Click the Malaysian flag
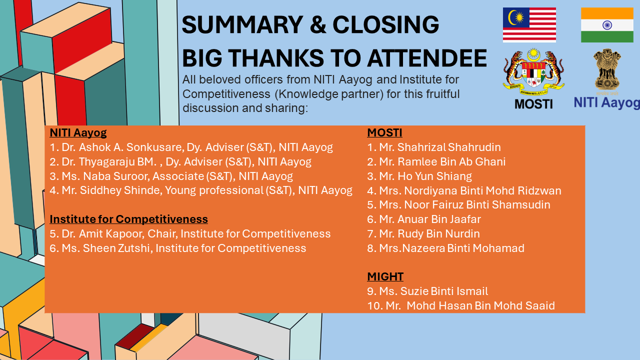click(x=529, y=24)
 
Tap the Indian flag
click(x=606, y=25)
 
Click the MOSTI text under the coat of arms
click(x=533, y=104)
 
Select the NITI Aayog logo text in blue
click(x=606, y=102)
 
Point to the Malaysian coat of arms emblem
click(x=533, y=71)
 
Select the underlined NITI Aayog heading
click(x=78, y=133)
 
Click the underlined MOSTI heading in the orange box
click(x=384, y=133)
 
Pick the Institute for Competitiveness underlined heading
click(x=128, y=219)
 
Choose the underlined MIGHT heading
click(x=385, y=276)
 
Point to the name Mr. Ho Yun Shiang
click(x=425, y=176)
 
